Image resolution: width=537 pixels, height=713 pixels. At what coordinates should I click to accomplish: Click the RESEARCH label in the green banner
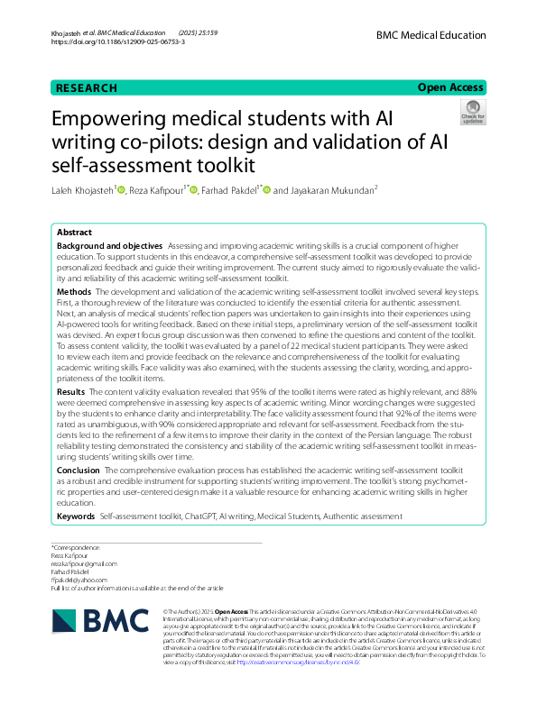pyautogui.click(x=87, y=88)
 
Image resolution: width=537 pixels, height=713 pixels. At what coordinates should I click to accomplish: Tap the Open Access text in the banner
pyautogui.click(x=449, y=87)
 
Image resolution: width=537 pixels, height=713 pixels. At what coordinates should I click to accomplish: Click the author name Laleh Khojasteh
pyautogui.click(x=84, y=191)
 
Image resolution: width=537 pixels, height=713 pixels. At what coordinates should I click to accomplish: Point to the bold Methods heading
pyautogui.click(x=74, y=293)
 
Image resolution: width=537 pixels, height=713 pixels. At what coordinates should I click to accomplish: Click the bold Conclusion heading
pyautogui.click(x=79, y=471)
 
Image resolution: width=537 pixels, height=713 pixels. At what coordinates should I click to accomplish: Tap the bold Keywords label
pyautogui.click(x=76, y=516)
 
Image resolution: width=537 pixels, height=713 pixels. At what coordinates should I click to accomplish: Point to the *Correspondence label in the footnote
pyautogui.click(x=76, y=548)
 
